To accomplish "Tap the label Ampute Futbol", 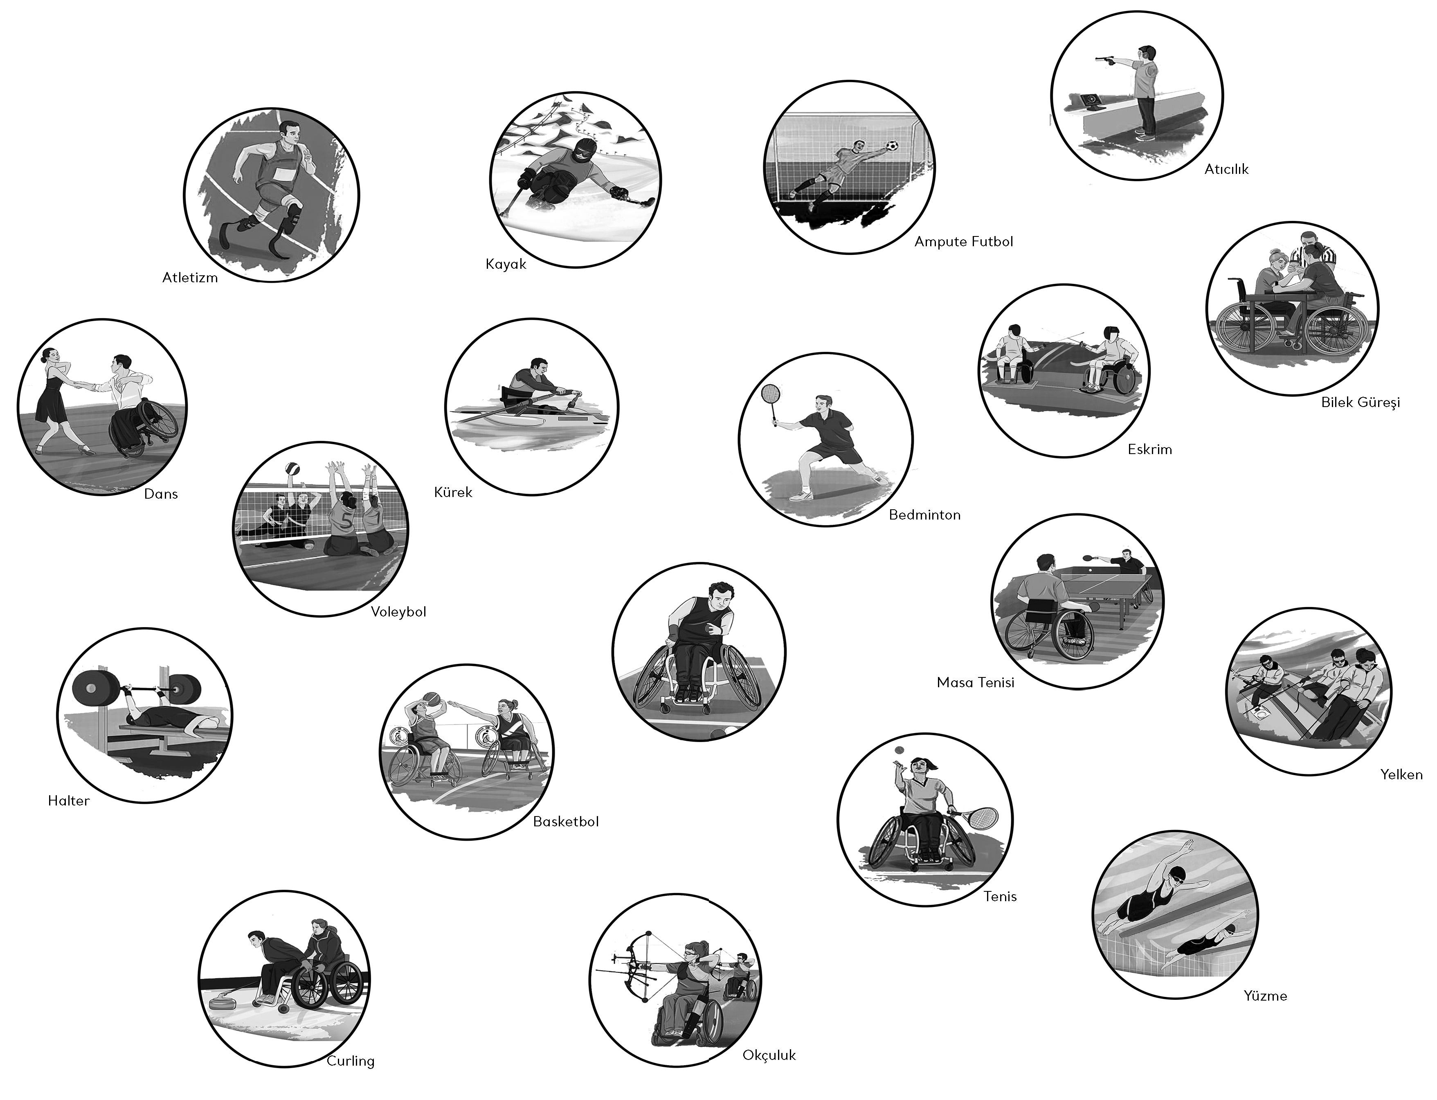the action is click(964, 242).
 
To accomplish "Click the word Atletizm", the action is click(190, 278).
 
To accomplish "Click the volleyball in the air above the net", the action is click(292, 470).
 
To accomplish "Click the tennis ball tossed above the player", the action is click(899, 750).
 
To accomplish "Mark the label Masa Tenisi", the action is click(976, 683).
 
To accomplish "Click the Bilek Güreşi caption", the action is click(1361, 403).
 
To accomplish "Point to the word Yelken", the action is click(1402, 775).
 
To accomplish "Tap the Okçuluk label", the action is click(769, 1055).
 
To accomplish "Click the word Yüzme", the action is click(1266, 996).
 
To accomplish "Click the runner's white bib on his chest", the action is click(281, 173).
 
